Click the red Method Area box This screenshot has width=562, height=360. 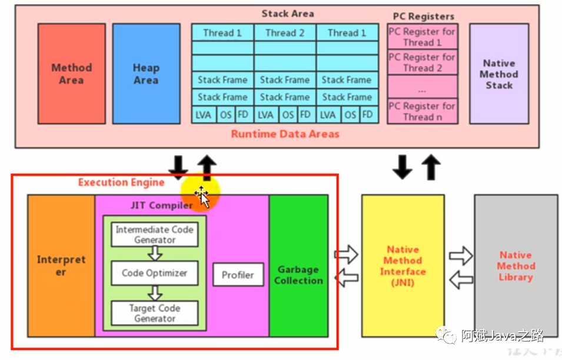(x=72, y=74)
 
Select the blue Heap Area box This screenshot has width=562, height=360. (x=146, y=74)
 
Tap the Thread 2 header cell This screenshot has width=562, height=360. (x=285, y=33)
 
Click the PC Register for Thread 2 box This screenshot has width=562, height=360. (x=422, y=62)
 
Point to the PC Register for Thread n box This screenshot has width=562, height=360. (x=422, y=111)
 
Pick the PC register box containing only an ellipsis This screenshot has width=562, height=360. (x=422, y=86)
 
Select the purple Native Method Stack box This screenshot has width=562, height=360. (x=499, y=74)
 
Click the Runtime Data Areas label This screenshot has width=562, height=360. (x=285, y=134)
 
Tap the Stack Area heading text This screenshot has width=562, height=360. (x=288, y=14)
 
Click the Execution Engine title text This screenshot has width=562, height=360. (x=121, y=182)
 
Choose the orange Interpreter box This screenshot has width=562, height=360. (x=61, y=265)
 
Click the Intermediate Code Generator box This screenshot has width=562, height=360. (x=155, y=235)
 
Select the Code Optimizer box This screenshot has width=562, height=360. (x=155, y=273)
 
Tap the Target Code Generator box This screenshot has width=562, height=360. (x=155, y=313)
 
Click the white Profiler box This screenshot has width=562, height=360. (x=238, y=275)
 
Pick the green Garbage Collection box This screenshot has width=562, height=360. (x=298, y=265)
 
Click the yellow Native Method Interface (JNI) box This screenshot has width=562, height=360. (x=403, y=265)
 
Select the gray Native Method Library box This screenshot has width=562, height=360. (x=516, y=265)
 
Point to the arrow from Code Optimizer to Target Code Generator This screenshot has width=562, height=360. (x=155, y=293)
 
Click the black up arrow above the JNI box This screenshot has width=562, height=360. (x=431, y=167)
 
